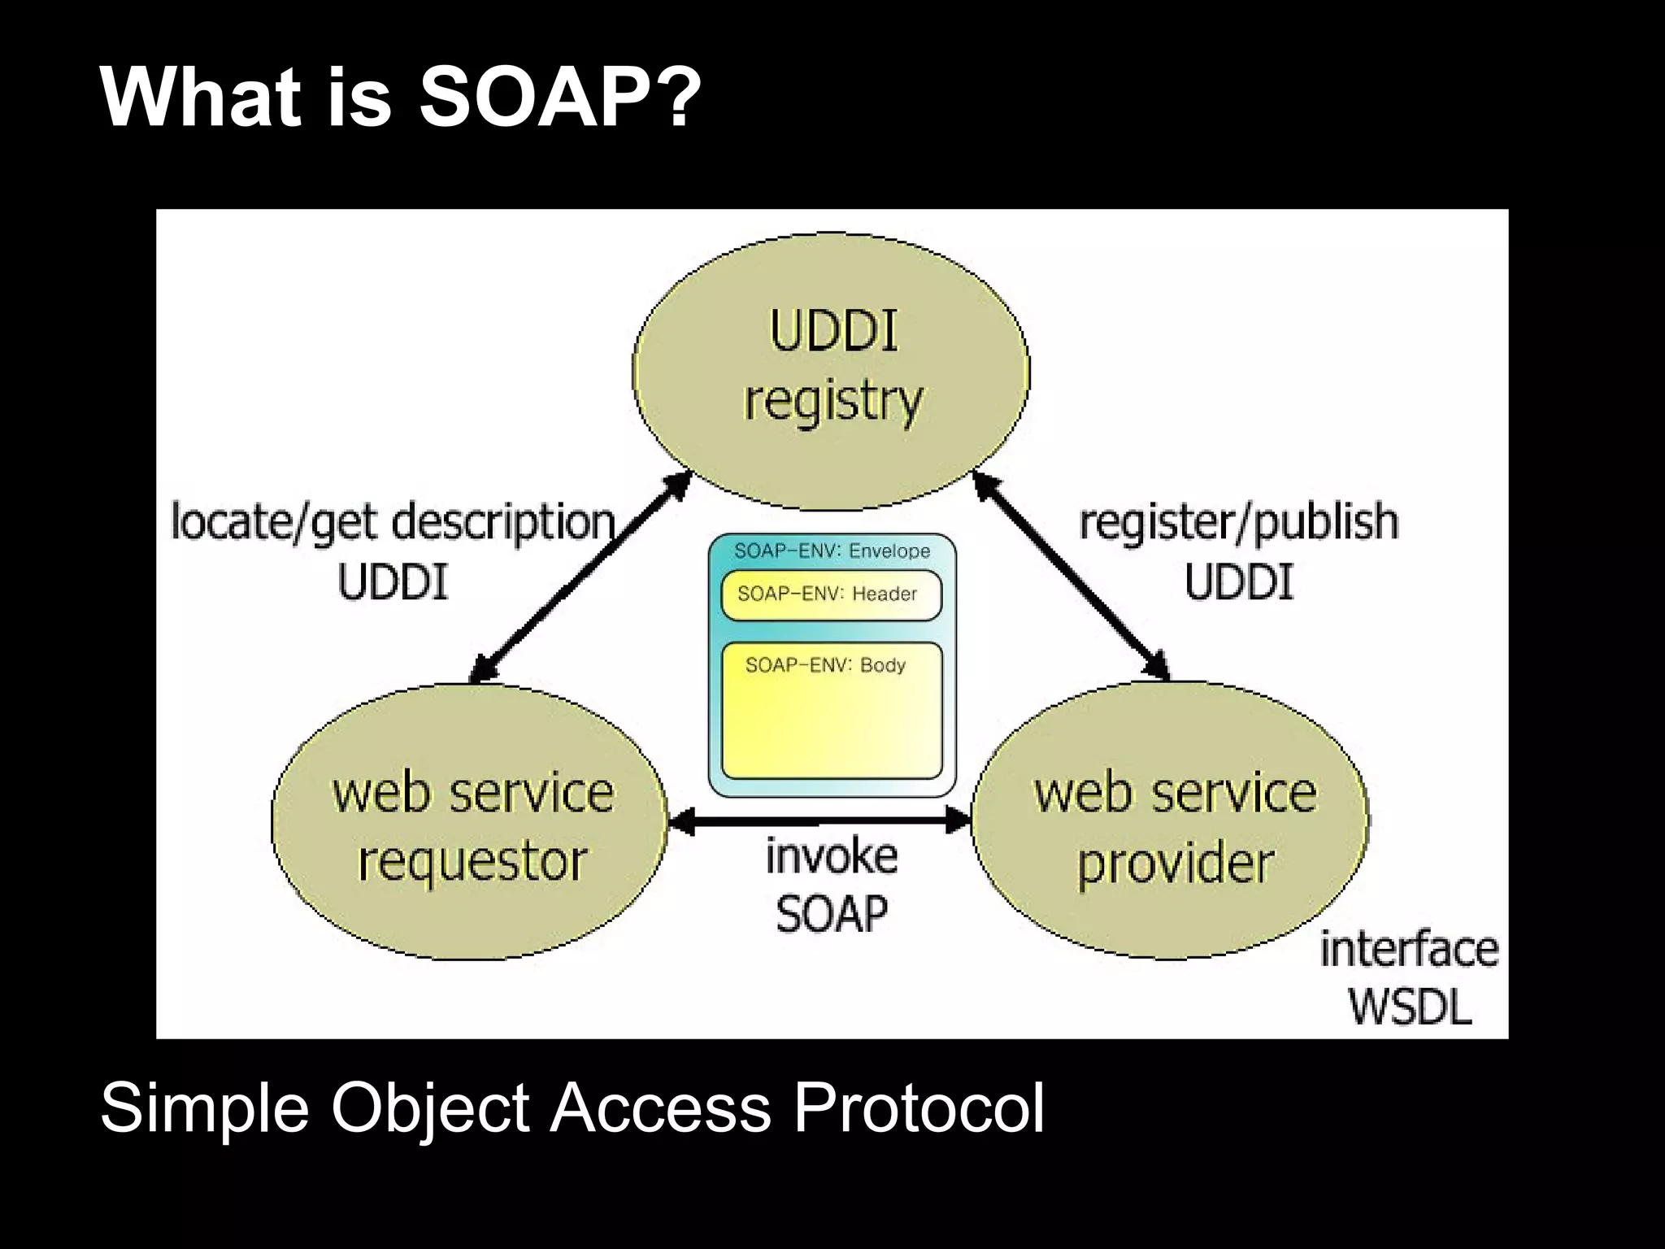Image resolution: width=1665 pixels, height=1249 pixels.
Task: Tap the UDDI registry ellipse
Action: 831,370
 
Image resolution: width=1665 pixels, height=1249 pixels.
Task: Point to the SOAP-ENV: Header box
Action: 830,594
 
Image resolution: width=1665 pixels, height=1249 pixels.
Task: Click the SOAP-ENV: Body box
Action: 831,712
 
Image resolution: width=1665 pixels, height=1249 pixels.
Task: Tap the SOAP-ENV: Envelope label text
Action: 831,551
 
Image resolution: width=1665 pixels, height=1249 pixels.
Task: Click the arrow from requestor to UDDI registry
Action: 579,579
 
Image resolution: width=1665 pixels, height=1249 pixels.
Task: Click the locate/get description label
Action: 393,521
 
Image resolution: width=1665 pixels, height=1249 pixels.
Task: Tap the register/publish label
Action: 1238,521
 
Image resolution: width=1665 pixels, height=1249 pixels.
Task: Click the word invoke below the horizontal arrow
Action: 831,856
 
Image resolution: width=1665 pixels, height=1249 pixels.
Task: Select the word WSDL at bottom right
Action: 1411,1007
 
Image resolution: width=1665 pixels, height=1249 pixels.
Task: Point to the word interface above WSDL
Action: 1409,950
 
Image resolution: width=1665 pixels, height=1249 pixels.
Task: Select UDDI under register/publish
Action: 1238,582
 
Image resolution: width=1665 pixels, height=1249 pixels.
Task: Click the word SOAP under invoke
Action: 831,913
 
